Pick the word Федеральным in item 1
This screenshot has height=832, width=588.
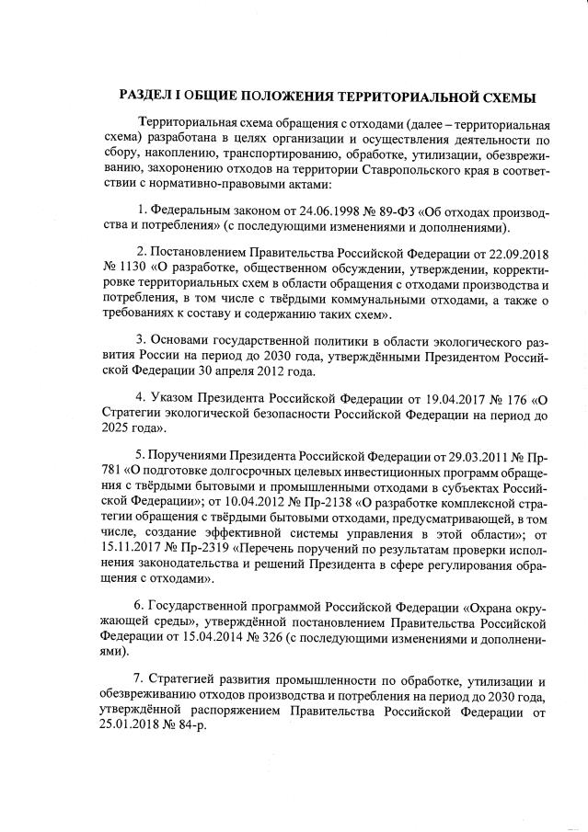click(189, 211)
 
